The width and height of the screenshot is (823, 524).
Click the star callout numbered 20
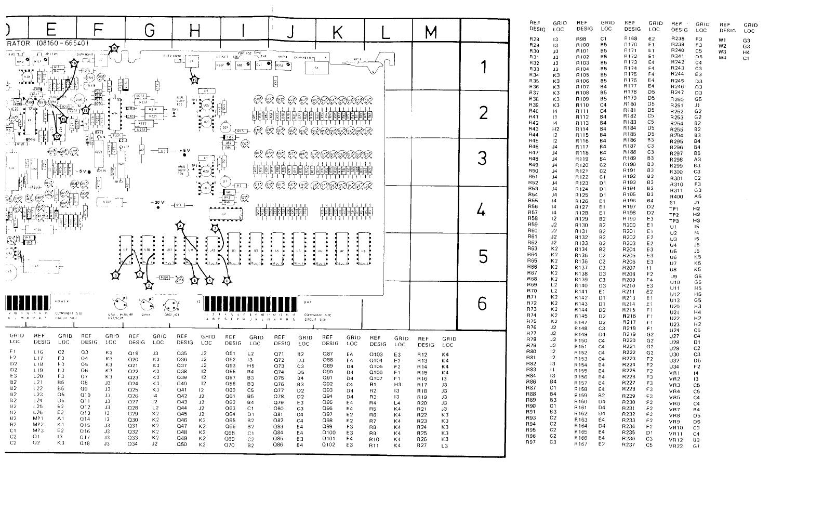coord(114,48)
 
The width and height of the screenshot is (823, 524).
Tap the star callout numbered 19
coord(195,80)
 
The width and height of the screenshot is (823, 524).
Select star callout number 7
coord(215,228)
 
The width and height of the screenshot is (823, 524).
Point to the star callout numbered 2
coord(149,285)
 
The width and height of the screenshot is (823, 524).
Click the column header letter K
coord(337,32)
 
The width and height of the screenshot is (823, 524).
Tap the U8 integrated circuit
coord(363,250)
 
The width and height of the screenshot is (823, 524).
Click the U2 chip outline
coord(224,213)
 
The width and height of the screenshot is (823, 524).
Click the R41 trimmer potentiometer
coord(260,65)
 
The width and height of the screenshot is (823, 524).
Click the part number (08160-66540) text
coord(64,43)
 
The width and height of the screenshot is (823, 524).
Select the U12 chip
coord(212,250)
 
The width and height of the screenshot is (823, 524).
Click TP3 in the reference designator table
coord(674,220)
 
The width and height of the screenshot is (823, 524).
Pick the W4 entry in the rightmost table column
coord(722,58)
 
